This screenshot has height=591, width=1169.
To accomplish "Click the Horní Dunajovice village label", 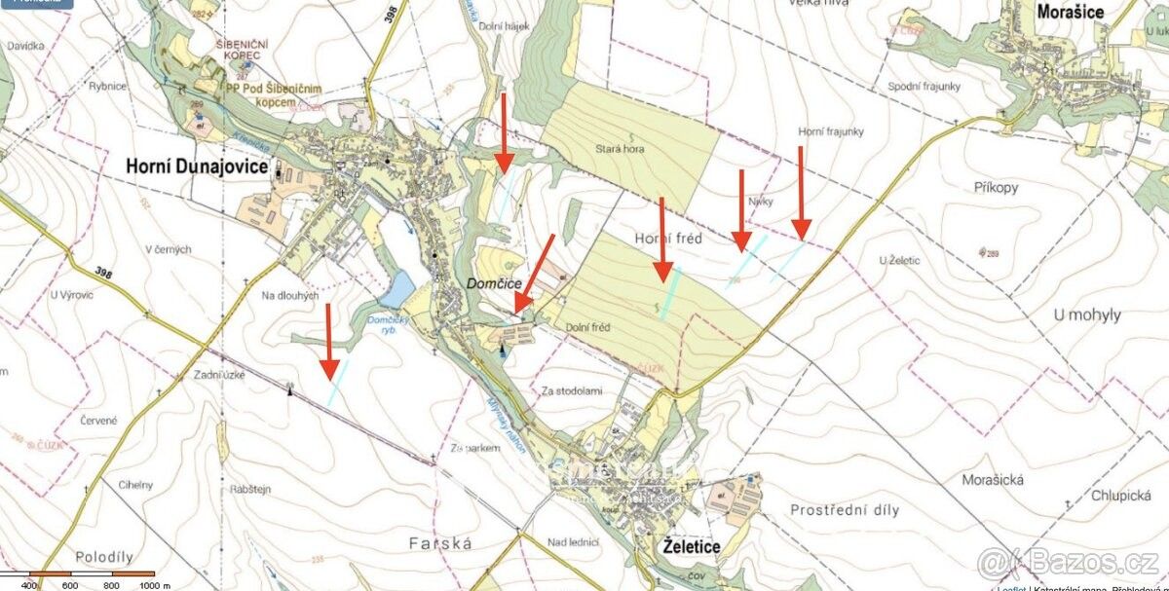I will (x=197, y=167).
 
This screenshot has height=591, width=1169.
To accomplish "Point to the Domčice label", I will (x=496, y=282).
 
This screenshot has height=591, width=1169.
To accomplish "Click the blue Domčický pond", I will (x=398, y=288).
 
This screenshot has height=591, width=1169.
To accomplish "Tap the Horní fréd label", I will (x=668, y=239).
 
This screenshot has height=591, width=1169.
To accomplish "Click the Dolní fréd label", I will (x=587, y=327).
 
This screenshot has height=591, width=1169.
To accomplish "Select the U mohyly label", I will (x=1087, y=314).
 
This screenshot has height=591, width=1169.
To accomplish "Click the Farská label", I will (x=440, y=543).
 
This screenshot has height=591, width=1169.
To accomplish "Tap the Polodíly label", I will (x=101, y=556).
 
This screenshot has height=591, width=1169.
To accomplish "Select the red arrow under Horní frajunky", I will (x=801, y=193).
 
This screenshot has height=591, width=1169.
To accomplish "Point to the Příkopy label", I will (x=995, y=184).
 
